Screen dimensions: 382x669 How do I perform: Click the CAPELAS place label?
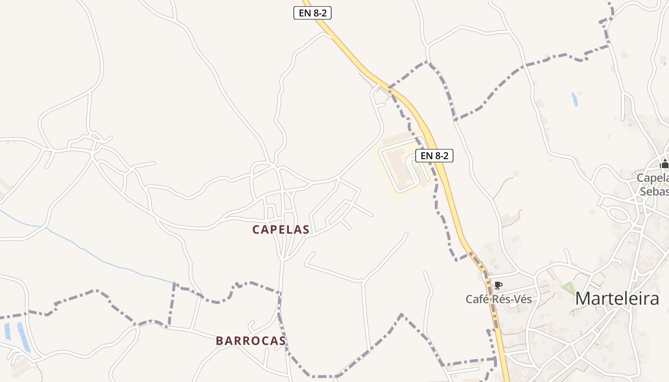[281, 230]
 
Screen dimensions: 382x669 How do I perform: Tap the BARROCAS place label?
[251, 341]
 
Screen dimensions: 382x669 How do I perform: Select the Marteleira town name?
[617, 298]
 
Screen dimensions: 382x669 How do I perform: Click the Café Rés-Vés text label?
[498, 299]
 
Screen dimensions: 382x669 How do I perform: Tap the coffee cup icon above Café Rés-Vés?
[498, 286]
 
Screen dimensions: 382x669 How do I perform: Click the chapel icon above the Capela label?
[664, 164]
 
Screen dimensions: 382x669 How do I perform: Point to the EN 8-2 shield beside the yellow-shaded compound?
[434, 155]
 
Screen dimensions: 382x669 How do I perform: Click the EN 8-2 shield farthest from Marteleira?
[312, 13]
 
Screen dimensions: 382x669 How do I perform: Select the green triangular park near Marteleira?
[569, 288]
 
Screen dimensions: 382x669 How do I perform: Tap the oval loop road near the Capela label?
[618, 213]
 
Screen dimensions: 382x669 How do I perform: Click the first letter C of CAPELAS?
[256, 230]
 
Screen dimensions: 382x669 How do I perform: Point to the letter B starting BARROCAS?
[220, 341]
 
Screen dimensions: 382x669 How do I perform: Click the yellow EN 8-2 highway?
[449, 191]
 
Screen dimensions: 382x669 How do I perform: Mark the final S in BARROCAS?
[282, 341]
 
